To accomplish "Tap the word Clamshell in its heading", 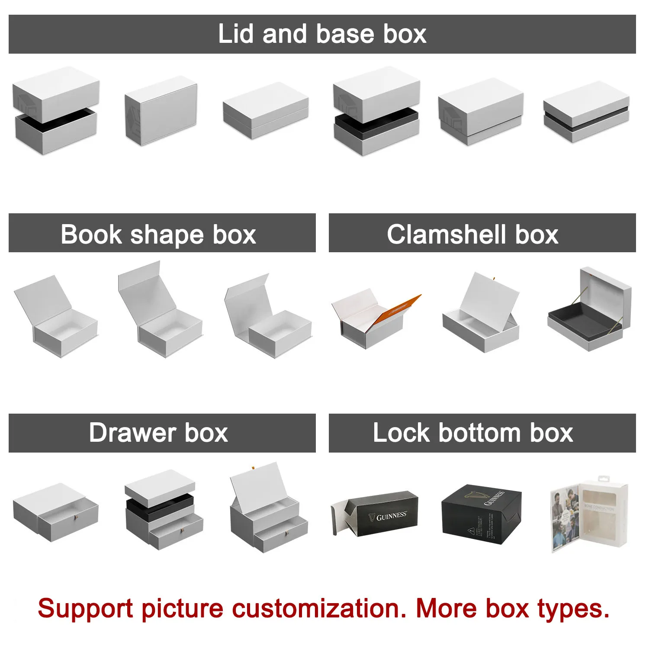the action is [446, 235].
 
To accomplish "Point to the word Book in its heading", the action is [91, 235].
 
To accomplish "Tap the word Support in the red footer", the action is [85, 608].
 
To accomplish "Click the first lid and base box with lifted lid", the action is [55, 111].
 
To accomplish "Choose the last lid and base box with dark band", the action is [586, 112].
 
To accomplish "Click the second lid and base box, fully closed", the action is [161, 111].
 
